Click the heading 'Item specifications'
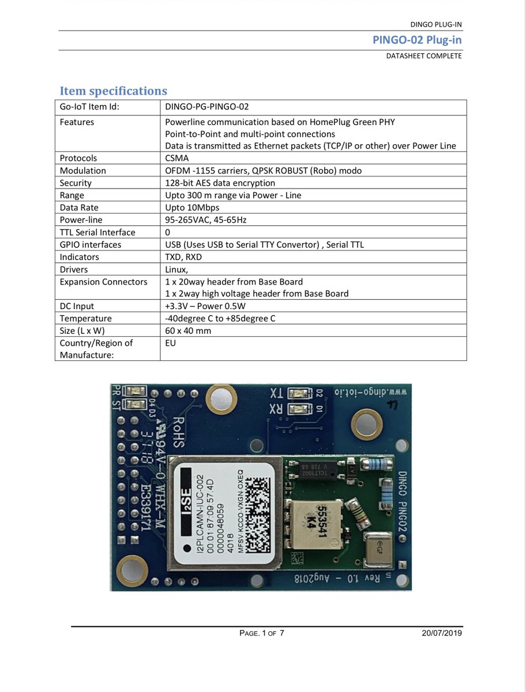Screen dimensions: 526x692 click(114, 91)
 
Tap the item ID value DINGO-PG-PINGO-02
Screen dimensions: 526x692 click(207, 106)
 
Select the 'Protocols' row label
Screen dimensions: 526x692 click(78, 158)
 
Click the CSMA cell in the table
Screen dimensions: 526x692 click(176, 158)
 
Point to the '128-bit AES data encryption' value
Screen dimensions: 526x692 click(220, 183)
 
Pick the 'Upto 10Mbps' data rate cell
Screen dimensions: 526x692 click(192, 208)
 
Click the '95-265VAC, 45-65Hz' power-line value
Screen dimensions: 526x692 click(206, 220)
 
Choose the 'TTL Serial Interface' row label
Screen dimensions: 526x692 click(97, 232)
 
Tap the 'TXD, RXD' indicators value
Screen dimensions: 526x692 click(183, 257)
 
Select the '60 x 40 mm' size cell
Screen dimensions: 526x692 click(188, 331)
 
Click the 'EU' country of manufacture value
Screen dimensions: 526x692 click(171, 343)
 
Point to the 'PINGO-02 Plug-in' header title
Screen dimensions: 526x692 click(417, 40)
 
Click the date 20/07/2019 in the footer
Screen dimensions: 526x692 click(442, 633)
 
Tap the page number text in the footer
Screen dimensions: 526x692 click(262, 633)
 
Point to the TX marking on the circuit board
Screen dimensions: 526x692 click(277, 393)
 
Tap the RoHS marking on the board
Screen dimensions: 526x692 click(177, 432)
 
